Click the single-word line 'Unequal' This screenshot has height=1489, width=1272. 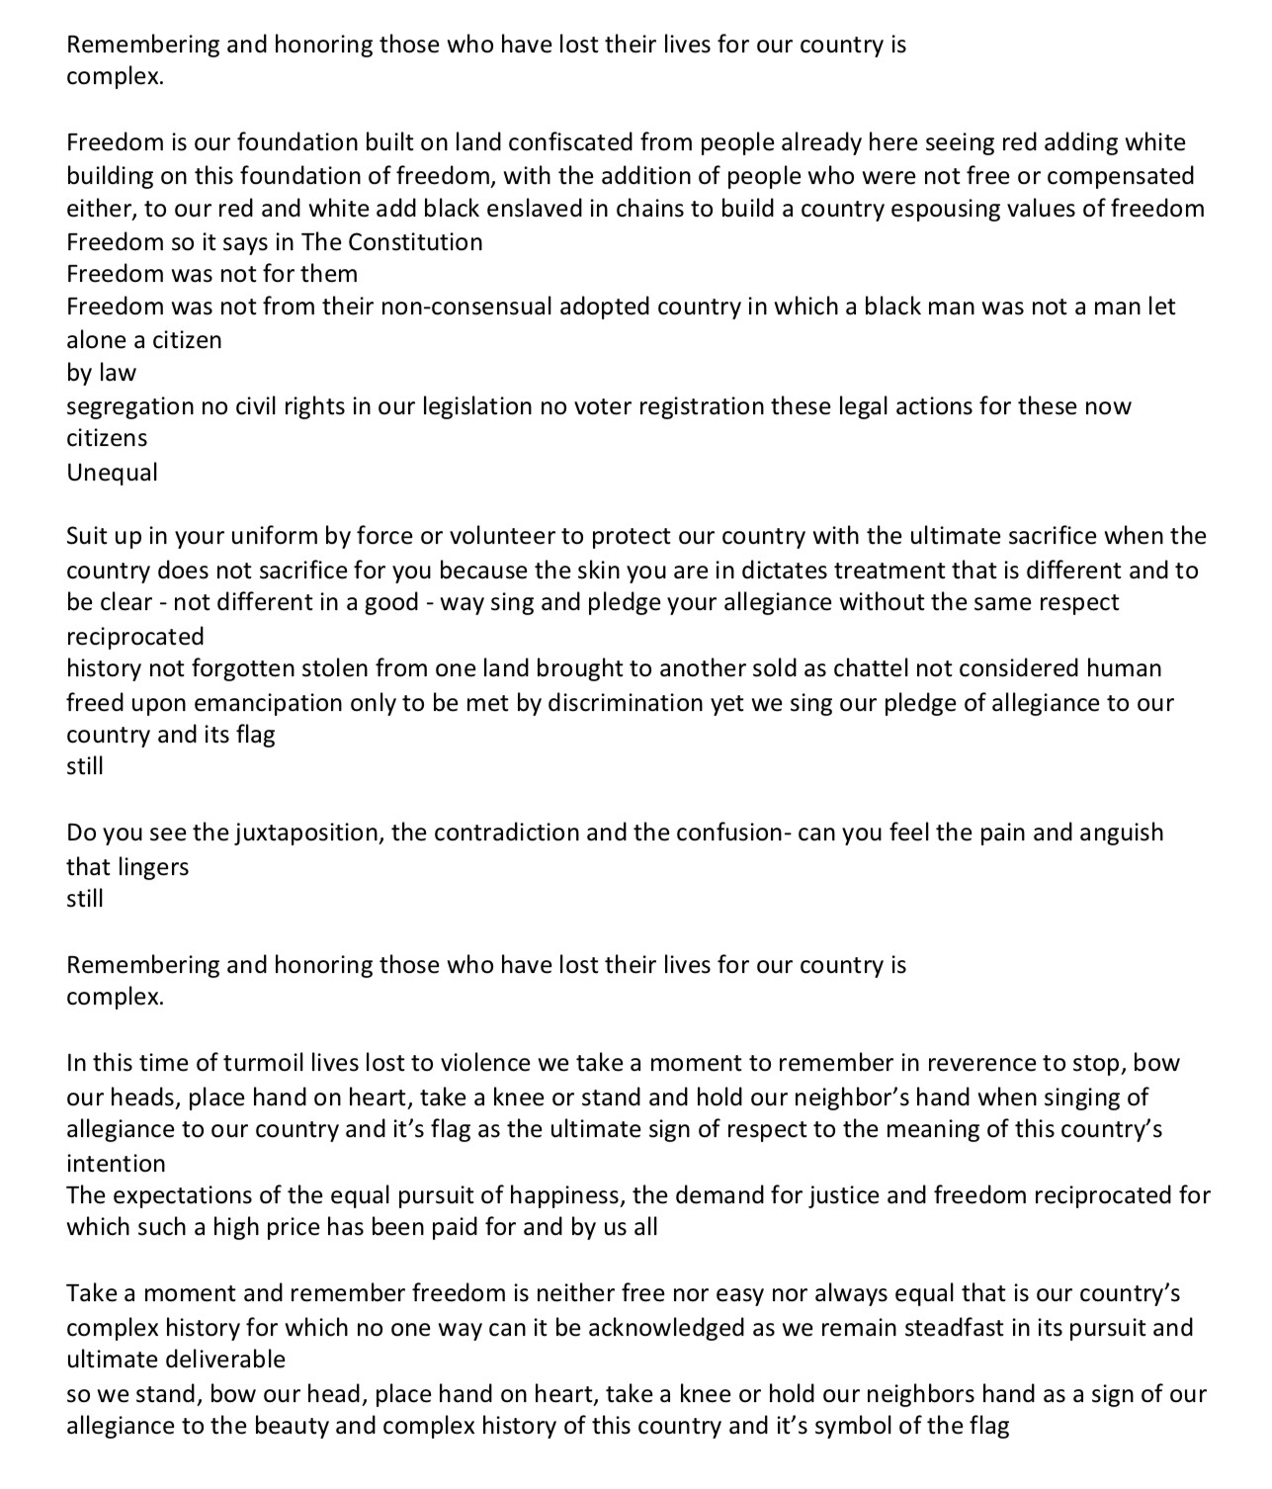pos(112,473)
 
